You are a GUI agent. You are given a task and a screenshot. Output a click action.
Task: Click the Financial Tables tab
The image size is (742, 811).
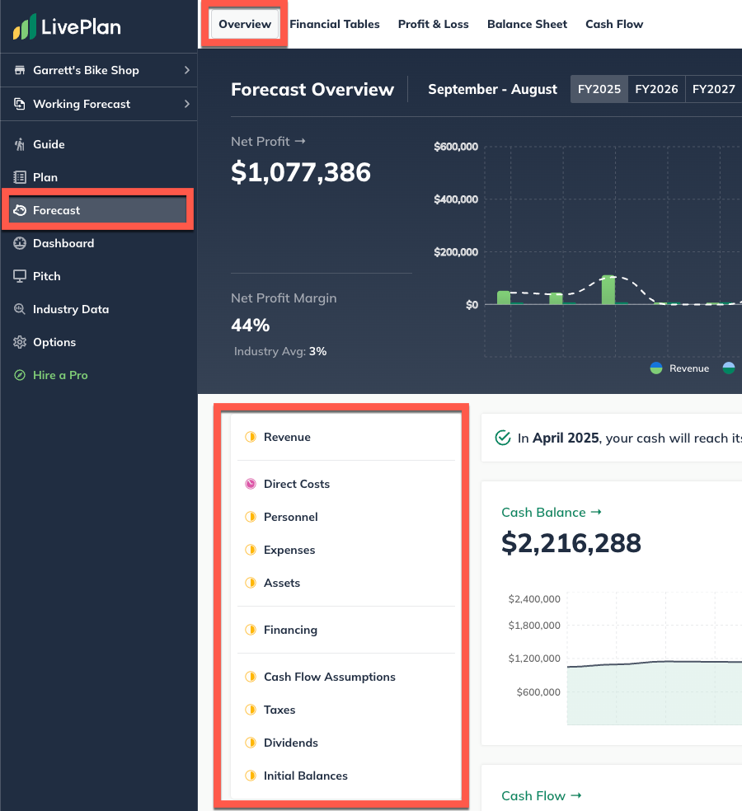[334, 24]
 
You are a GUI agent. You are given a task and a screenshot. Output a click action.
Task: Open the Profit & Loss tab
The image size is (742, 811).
[433, 24]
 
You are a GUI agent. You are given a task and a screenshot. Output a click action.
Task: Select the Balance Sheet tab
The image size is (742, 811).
[527, 24]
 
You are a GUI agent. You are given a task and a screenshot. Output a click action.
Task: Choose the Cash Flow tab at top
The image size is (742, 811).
[614, 24]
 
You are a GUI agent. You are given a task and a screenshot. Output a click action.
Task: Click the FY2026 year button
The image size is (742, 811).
[656, 89]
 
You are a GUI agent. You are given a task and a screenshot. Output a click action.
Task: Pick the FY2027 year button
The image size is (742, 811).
[713, 89]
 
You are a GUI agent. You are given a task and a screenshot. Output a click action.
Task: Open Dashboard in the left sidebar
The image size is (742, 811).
[63, 243]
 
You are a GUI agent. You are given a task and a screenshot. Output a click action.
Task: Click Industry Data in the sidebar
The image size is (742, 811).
[70, 309]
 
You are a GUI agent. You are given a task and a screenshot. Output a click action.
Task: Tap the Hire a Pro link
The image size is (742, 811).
[59, 375]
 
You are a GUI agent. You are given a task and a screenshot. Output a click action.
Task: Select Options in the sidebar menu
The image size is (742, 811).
[54, 342]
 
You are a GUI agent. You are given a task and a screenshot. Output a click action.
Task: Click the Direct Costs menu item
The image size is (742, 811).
[296, 484]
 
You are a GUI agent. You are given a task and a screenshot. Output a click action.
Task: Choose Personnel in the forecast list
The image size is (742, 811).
[290, 517]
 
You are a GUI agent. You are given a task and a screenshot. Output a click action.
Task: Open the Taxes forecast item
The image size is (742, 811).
[279, 710]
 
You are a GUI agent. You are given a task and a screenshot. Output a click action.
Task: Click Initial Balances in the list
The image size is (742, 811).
[305, 776]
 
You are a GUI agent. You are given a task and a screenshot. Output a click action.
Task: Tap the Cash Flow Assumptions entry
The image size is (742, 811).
[329, 677]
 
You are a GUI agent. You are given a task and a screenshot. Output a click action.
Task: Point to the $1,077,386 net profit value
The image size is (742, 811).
[301, 171]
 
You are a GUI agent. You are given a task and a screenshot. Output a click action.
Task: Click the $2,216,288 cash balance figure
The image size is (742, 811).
[571, 542]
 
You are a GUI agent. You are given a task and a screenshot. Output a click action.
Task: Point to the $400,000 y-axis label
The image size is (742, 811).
[456, 199]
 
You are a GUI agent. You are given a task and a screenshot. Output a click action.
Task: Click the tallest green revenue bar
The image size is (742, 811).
[608, 289]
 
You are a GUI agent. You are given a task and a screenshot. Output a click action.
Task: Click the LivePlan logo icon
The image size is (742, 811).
[25, 27]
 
